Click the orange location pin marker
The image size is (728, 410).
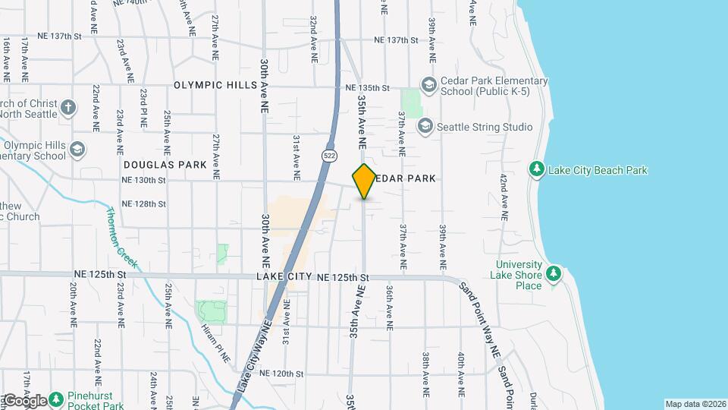coord(364,181)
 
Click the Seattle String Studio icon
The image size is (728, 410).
coord(425,126)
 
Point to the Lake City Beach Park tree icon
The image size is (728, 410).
coord(537,169)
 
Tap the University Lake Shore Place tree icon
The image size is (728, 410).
coord(554,273)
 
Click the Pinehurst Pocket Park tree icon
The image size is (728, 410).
coord(57,400)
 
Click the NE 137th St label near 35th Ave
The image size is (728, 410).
coord(397,40)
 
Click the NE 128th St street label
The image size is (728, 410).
coord(143,203)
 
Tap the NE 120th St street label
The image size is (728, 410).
coord(281,374)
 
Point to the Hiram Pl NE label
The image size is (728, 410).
coord(216,342)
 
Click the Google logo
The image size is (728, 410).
coord(25,400)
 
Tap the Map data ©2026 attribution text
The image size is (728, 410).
coord(695,404)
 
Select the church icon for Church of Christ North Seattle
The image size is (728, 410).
coord(68,107)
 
